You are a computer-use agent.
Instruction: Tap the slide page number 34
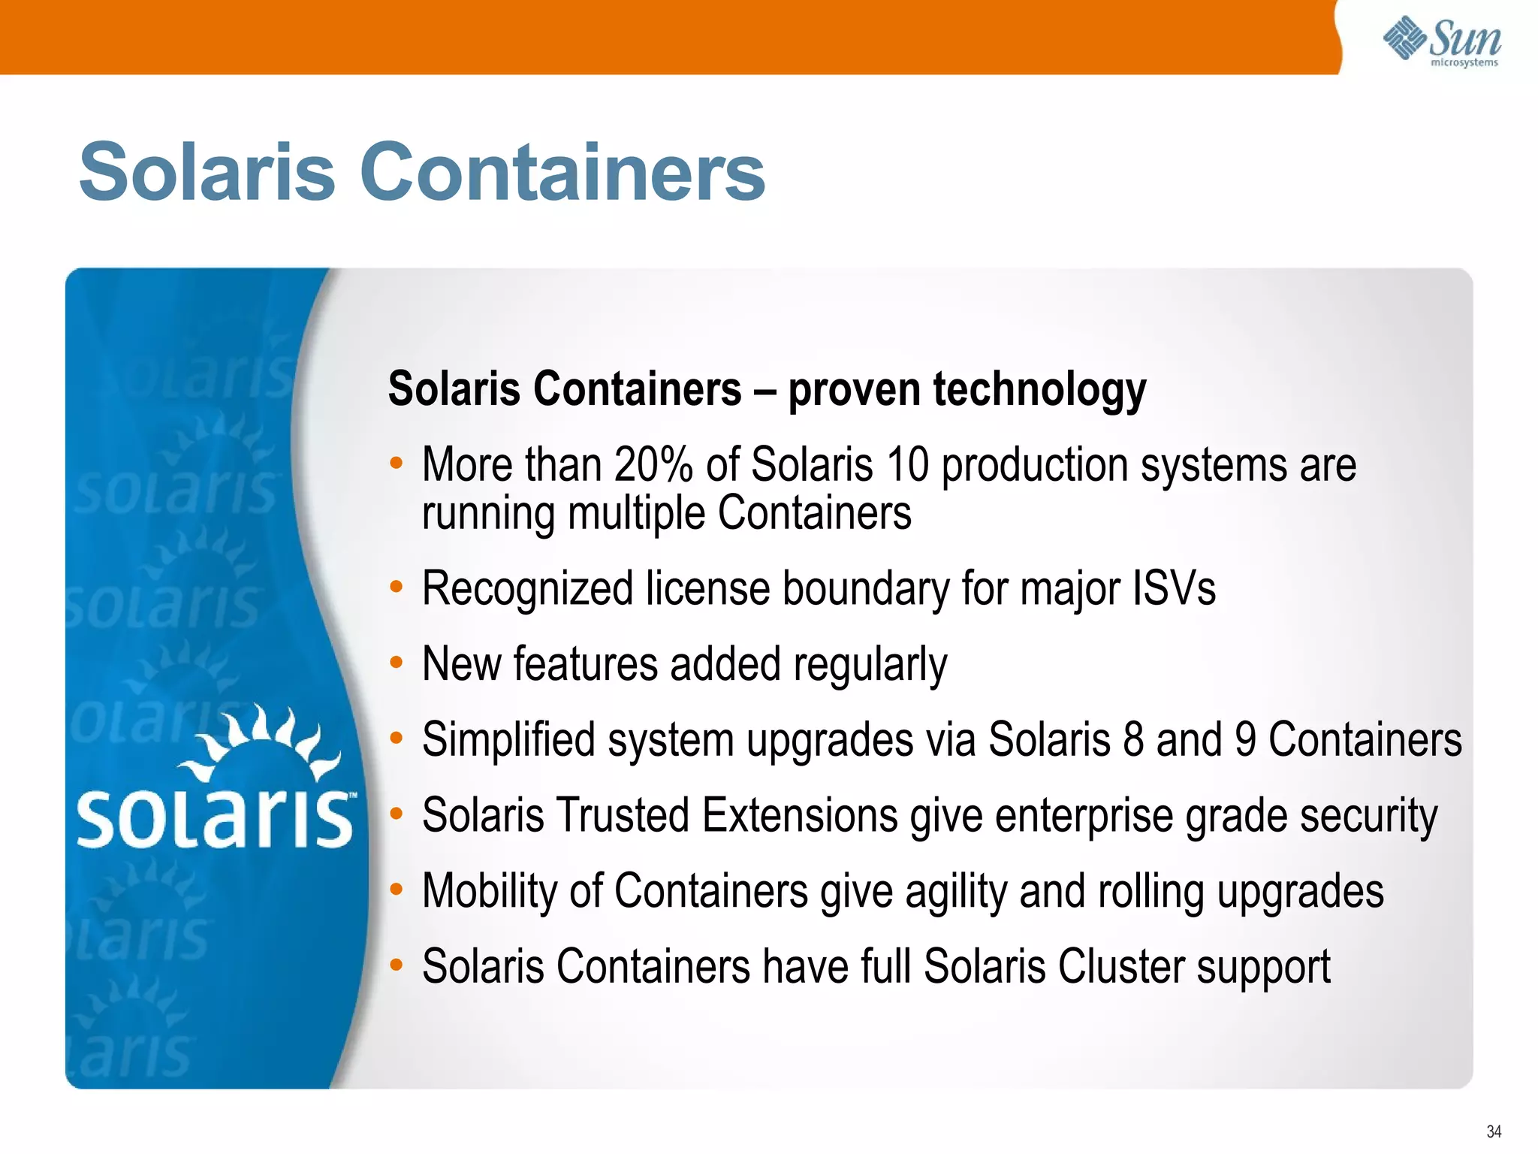click(1494, 1131)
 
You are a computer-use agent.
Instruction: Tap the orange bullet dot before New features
click(397, 662)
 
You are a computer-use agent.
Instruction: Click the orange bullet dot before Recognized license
click(397, 586)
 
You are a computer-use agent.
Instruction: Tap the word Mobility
click(489, 892)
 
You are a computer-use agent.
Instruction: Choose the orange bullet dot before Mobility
click(397, 889)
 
